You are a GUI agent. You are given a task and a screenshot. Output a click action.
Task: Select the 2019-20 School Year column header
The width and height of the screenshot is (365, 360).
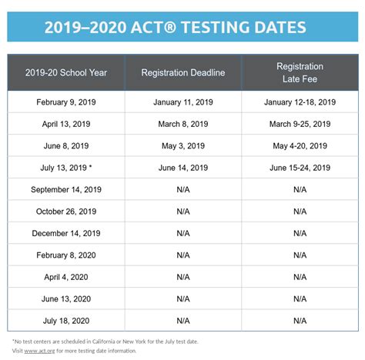click(x=66, y=72)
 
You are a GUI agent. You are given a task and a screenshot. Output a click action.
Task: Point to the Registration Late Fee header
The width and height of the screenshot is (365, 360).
click(x=300, y=72)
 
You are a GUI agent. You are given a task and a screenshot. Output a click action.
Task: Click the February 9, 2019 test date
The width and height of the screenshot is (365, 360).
click(x=66, y=102)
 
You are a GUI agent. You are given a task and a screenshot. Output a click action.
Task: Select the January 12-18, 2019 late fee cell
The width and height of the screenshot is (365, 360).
click(x=300, y=102)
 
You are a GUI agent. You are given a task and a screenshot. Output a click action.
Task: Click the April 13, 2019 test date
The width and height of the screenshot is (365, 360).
click(x=66, y=124)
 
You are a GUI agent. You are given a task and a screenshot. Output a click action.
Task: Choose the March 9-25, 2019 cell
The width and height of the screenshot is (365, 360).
click(x=300, y=124)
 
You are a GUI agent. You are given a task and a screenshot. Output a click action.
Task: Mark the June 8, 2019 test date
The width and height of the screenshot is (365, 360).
click(x=66, y=146)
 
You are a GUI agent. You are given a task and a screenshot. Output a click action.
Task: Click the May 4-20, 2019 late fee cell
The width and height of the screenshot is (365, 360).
click(x=300, y=146)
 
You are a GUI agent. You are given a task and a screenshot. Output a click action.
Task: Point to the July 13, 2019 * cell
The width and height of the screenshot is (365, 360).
click(x=66, y=168)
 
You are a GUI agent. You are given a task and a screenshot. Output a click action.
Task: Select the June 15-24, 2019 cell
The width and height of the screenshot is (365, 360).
click(x=300, y=168)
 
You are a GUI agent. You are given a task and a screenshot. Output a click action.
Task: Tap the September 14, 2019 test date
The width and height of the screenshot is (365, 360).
click(x=66, y=189)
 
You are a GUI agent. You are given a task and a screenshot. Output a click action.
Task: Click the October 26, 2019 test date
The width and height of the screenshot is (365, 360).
click(x=66, y=212)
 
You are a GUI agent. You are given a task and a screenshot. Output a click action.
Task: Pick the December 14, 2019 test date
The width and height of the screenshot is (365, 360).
click(x=66, y=233)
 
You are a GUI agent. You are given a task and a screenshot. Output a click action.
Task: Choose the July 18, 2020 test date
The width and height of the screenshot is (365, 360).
click(x=66, y=320)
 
